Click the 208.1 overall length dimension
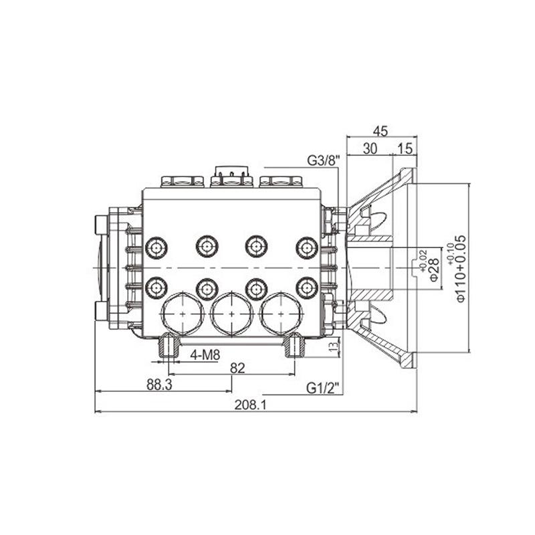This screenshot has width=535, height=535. coord(250,405)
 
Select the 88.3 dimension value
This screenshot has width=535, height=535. coord(159,385)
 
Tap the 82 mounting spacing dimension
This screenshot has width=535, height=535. coord(237,368)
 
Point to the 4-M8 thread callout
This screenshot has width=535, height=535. coord(205,355)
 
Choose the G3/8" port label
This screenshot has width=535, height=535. coord(324,160)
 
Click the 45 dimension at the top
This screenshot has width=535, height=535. coord(381,131)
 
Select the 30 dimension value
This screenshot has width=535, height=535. coord(370,148)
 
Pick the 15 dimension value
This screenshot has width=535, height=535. coord(405,148)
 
